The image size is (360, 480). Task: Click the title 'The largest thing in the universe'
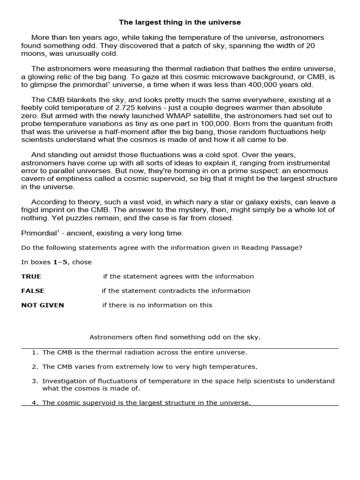point(180,22)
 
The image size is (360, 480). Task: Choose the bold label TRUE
point(31,277)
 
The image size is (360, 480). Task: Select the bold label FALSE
point(33,291)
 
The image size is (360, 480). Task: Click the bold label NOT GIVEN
point(43,305)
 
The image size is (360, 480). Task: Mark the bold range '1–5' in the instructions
point(61,262)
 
